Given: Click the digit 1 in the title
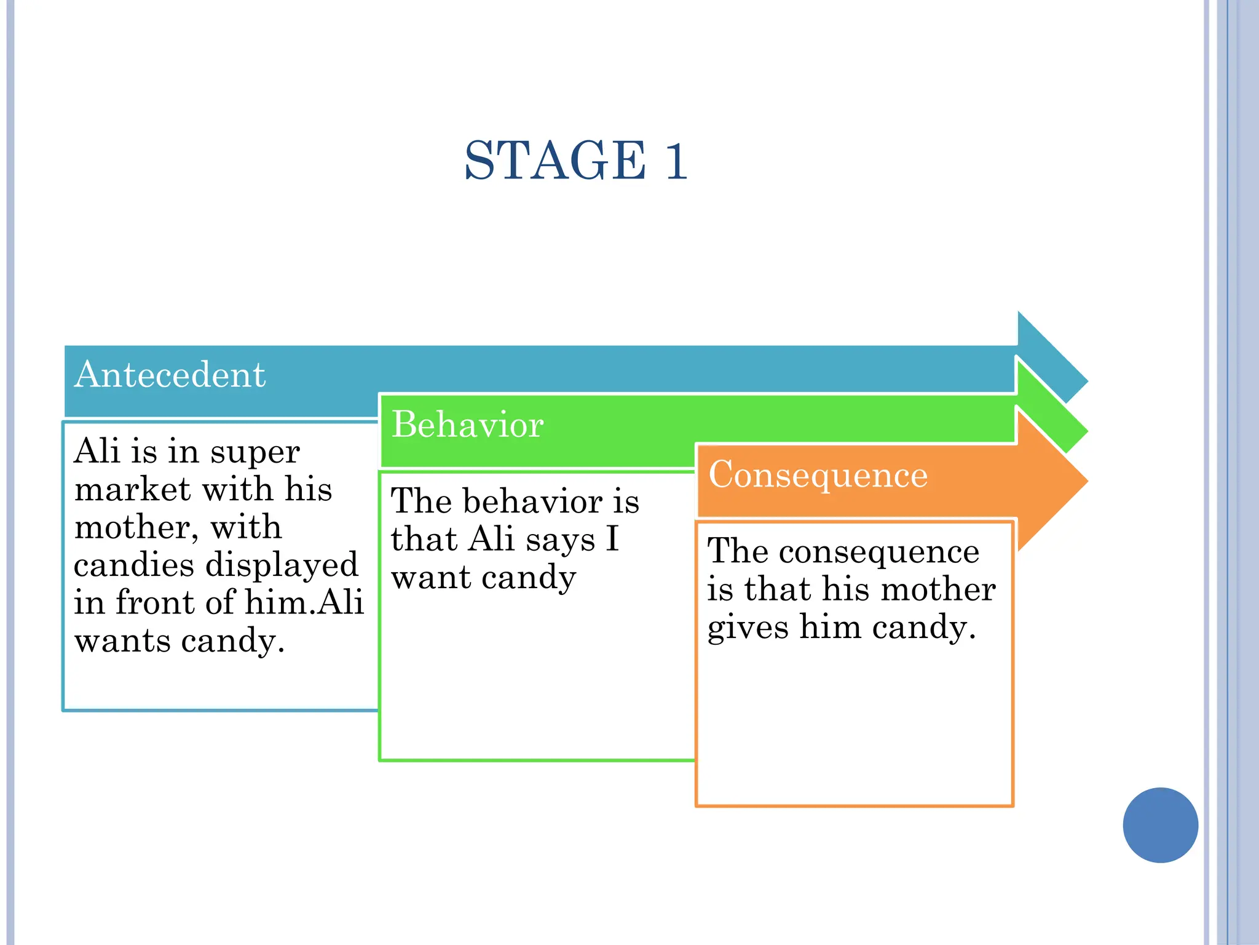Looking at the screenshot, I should [676, 161].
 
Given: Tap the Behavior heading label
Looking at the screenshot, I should [467, 425].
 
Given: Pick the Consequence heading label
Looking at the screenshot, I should [818, 475].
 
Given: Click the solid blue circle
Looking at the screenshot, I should [1160, 825].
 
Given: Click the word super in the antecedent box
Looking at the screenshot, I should [255, 453].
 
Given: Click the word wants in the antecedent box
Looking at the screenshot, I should [122, 642].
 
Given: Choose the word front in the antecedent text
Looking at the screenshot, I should [156, 603].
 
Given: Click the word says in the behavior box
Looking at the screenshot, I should [561, 540].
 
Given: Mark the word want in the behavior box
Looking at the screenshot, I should [430, 578].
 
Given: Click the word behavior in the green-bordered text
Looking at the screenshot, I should [532, 502].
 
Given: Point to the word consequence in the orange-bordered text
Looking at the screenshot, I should [878, 552].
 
